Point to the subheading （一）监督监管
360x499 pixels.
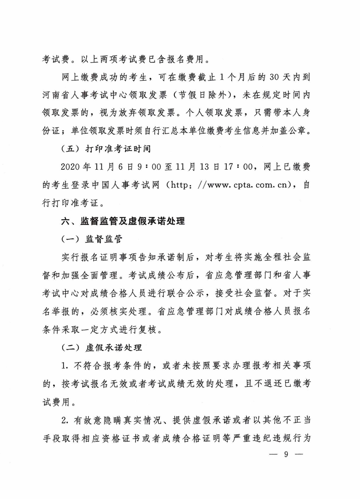click(92, 239)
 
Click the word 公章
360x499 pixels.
click(299, 131)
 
